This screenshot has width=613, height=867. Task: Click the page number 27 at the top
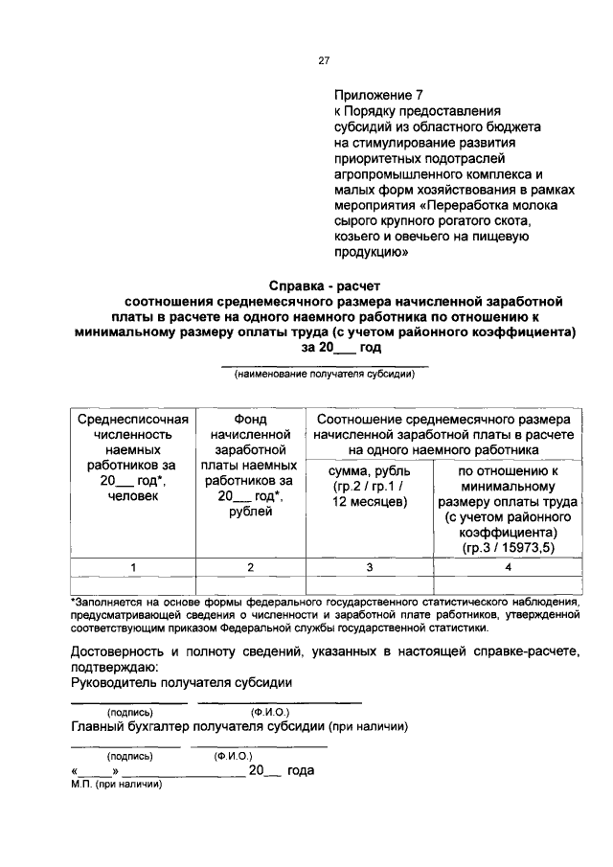click(x=324, y=60)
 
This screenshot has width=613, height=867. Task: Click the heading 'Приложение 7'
click(x=376, y=96)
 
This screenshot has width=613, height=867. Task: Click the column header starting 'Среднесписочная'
click(x=133, y=420)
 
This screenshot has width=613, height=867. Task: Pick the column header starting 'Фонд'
click(x=249, y=420)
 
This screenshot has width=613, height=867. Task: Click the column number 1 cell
click(x=133, y=567)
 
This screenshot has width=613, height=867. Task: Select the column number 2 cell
click(x=249, y=567)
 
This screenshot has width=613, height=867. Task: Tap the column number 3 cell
click(x=369, y=567)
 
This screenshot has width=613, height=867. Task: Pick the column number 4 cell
click(x=509, y=567)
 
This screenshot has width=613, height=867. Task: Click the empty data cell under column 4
click(x=509, y=584)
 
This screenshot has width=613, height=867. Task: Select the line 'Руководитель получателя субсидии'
click(x=182, y=682)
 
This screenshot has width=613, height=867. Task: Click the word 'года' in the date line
click(x=301, y=770)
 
